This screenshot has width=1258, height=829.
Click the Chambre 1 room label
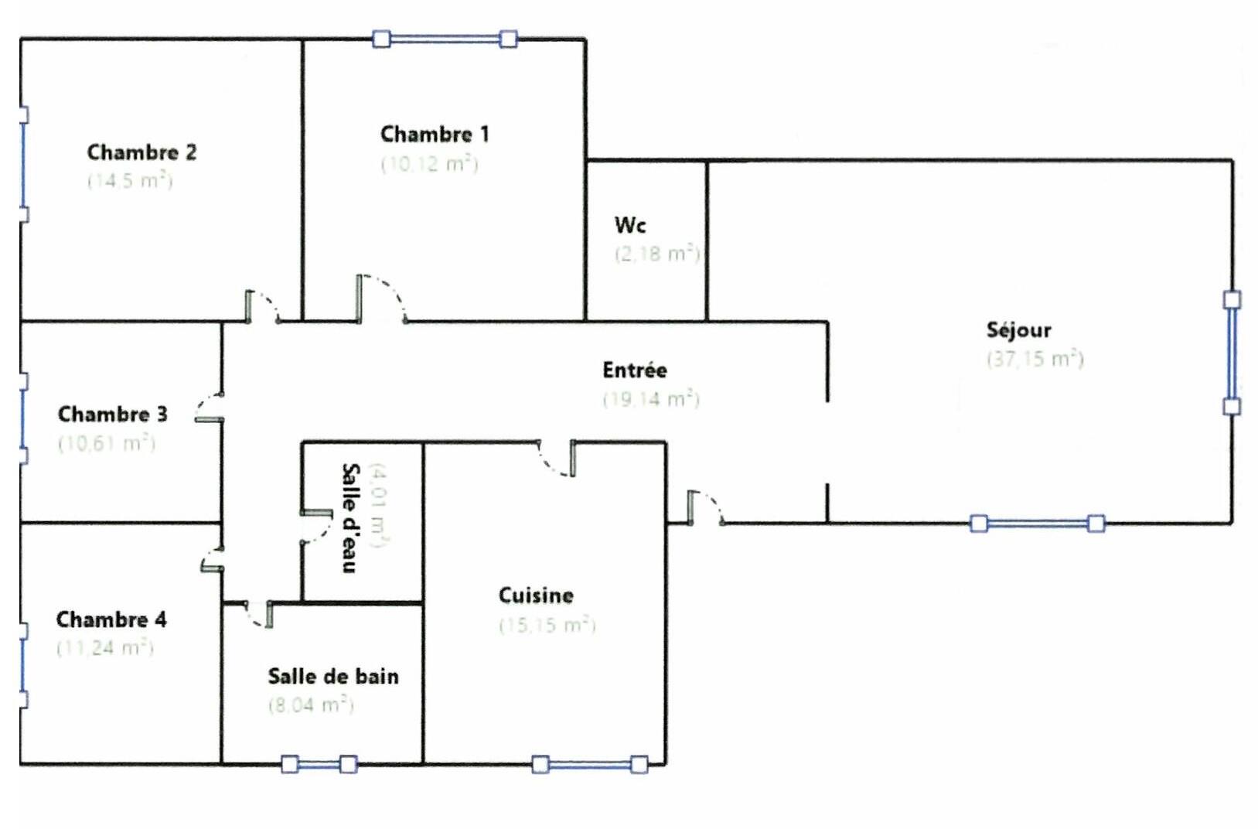(435, 135)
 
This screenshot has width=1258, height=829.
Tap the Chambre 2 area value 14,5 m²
(130, 181)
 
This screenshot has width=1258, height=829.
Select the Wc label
(630, 225)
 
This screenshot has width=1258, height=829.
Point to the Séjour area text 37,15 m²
(1035, 359)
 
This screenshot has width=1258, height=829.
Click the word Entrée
(635, 370)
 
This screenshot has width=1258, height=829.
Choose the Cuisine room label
(536, 595)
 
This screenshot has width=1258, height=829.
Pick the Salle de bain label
(333, 677)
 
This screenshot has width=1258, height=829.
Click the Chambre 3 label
(112, 414)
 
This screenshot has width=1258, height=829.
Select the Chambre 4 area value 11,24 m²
(105, 648)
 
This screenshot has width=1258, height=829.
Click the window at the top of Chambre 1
(445, 39)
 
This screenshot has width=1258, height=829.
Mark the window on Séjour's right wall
(1232, 353)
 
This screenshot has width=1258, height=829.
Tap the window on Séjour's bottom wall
(1037, 524)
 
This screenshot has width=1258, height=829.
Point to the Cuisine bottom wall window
(589, 765)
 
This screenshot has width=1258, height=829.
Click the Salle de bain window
(319, 765)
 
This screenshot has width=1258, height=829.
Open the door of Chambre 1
(380, 299)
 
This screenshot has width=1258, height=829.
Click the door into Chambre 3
(209, 408)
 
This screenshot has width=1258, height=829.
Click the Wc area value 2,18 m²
(657, 254)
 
